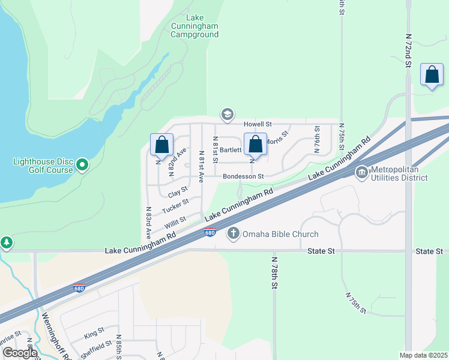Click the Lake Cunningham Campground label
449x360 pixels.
194,26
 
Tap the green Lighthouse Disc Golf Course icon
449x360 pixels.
83,164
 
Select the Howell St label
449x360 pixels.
258,124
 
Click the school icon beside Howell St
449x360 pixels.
227,114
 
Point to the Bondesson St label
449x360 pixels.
243,176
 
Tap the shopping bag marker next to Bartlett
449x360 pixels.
255,145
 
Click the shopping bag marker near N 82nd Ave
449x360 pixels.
161,145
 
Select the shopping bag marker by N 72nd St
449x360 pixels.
432,75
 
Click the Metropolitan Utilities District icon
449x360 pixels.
362,173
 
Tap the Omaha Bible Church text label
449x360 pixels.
280,234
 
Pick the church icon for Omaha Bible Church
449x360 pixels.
233,233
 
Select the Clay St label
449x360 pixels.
178,193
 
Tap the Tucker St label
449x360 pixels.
175,208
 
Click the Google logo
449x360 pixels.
19,353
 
